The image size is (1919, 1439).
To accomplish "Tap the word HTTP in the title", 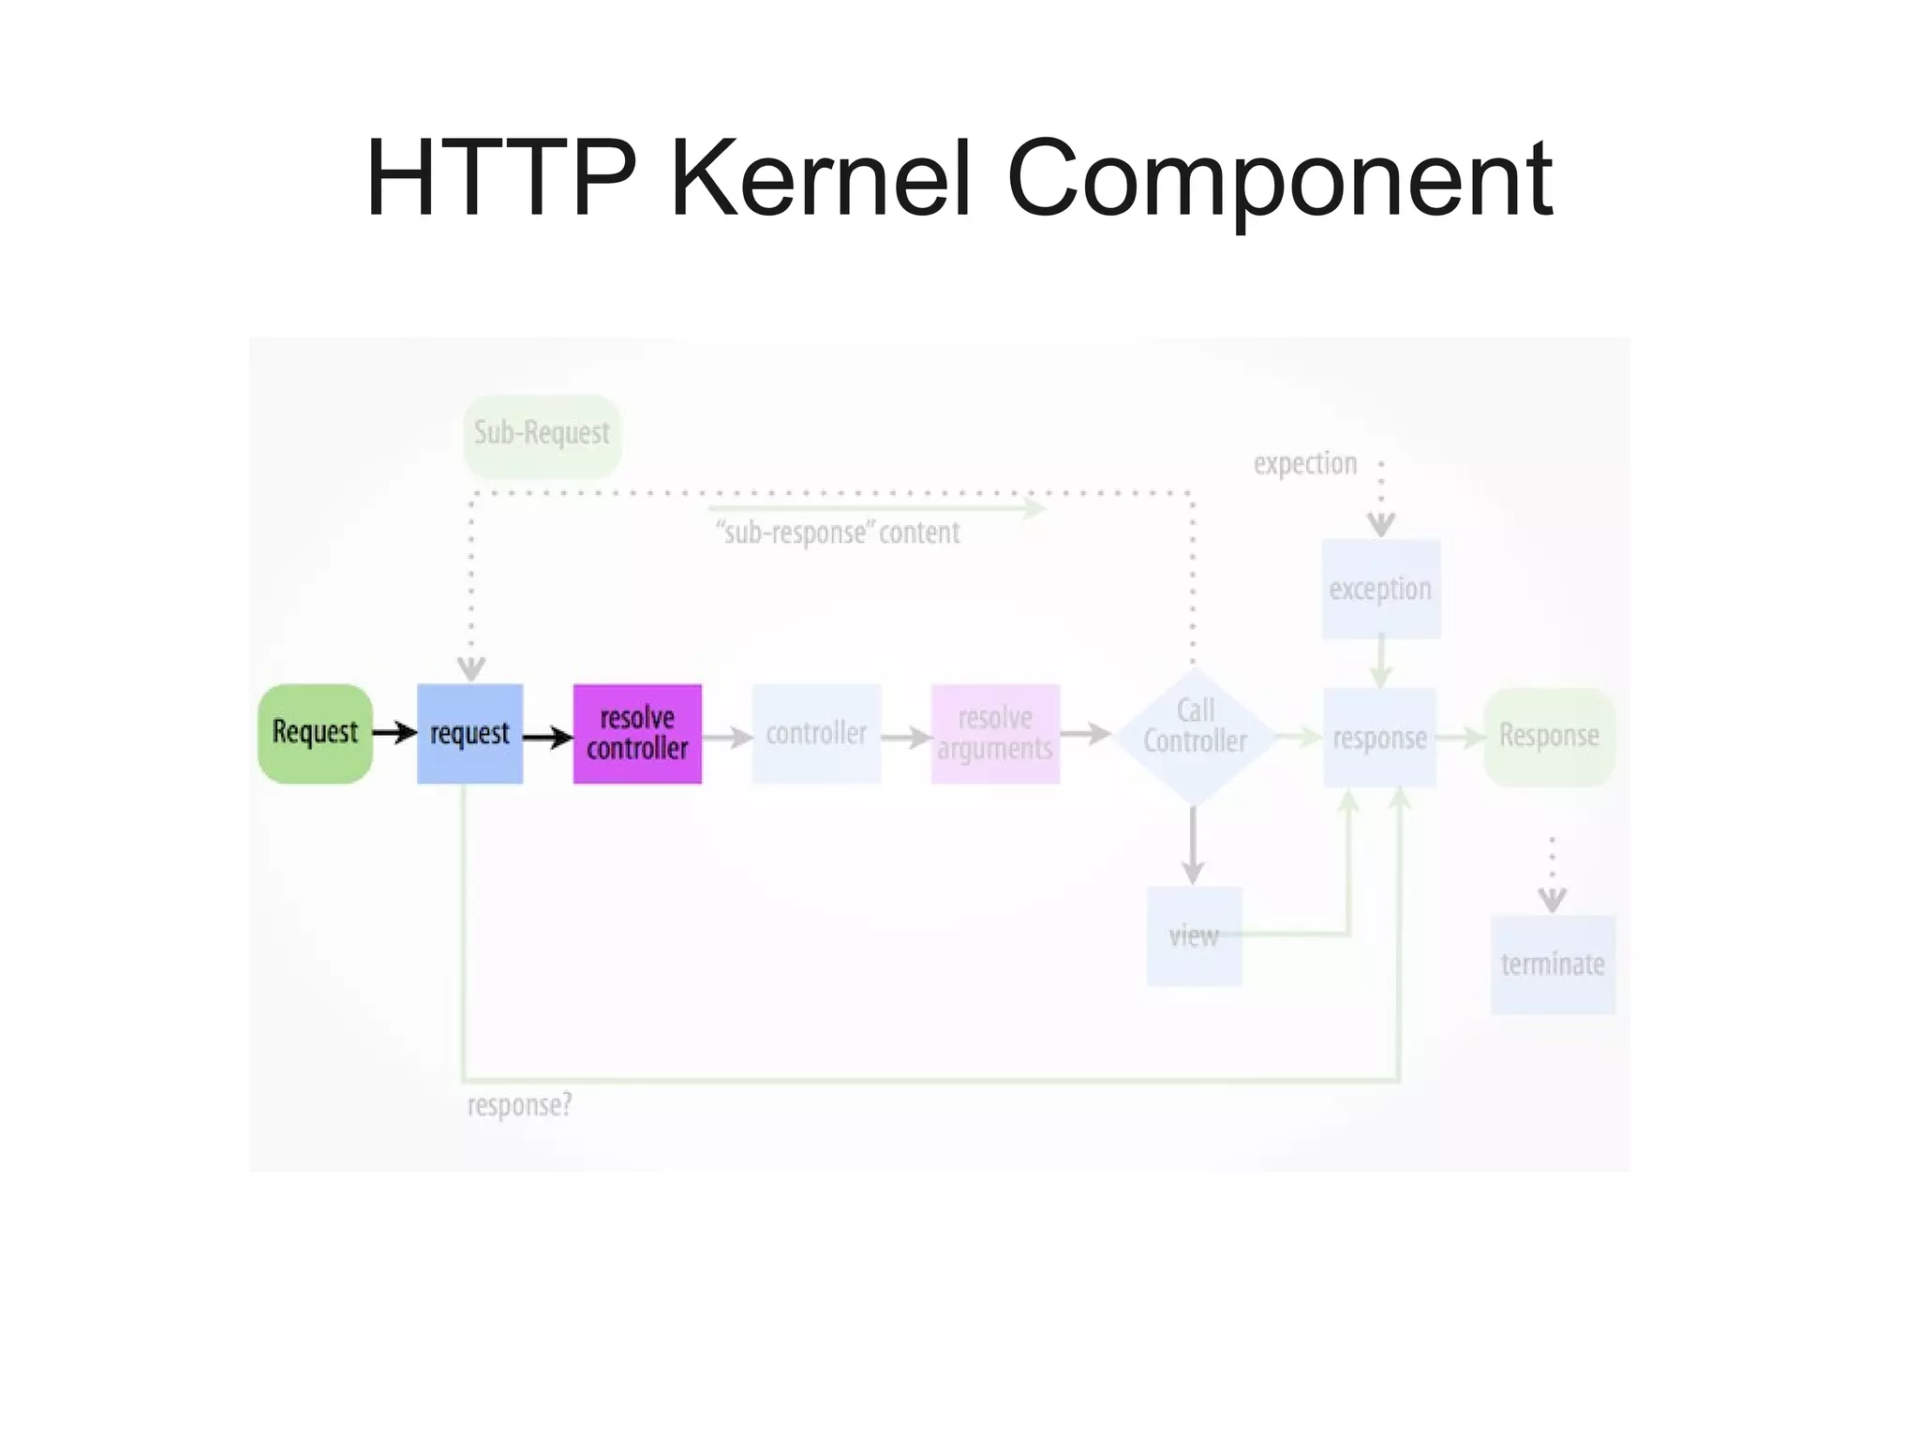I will pyautogui.click(x=501, y=178).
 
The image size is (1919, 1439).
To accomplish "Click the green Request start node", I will pyautogui.click(x=315, y=733).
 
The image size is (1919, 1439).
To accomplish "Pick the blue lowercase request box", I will pyautogui.click(x=469, y=733).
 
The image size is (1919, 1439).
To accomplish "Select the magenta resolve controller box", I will pyautogui.click(x=637, y=733).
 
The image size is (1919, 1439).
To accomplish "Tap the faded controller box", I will pyautogui.click(x=816, y=733).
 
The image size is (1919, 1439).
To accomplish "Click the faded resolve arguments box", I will pyautogui.click(x=995, y=733).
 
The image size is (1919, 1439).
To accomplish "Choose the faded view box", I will pyautogui.click(x=1194, y=936).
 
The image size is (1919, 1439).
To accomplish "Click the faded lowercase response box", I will pyautogui.click(x=1379, y=737).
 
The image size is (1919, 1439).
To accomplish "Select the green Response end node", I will pyautogui.click(x=1549, y=736).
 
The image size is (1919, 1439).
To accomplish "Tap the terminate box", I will pyautogui.click(x=1553, y=964).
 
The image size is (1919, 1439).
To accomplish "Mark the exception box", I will pyautogui.click(x=1380, y=589).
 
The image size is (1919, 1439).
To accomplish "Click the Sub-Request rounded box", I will pyautogui.click(x=542, y=434).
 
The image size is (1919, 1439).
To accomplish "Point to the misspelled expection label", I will pyautogui.click(x=1305, y=463).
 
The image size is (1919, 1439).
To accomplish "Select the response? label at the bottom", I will pyautogui.click(x=519, y=1105).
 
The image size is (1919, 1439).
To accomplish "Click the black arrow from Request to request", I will pyautogui.click(x=394, y=732).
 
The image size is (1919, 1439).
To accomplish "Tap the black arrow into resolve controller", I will pyautogui.click(x=547, y=738).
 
